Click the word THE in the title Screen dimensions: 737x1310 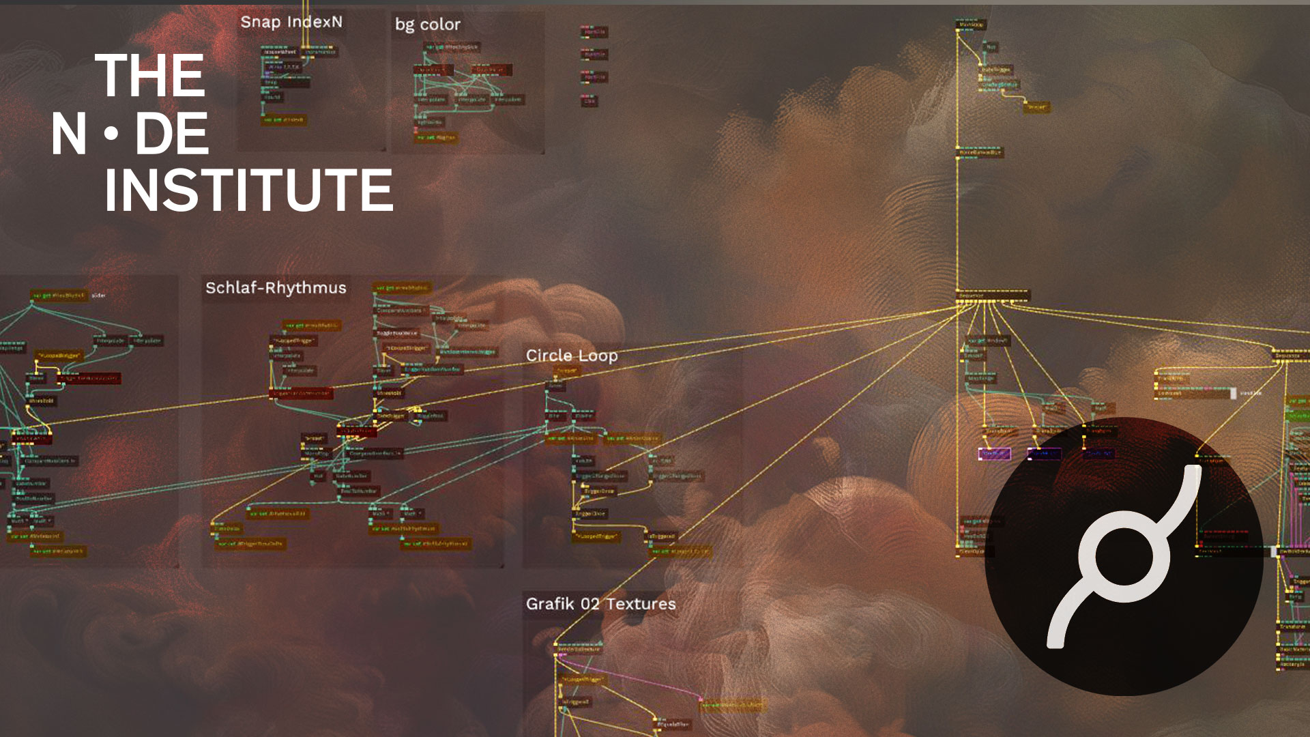pyautogui.click(x=150, y=76)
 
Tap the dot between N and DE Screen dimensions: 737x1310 pyautogui.click(x=111, y=134)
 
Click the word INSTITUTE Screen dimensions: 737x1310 pyautogui.click(x=248, y=190)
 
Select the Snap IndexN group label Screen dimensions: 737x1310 pyautogui.click(x=291, y=22)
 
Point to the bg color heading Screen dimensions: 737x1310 pyautogui.click(x=428, y=25)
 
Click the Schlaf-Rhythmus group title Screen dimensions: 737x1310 pyautogui.click(x=276, y=288)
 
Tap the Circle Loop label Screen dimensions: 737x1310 pyautogui.click(x=572, y=356)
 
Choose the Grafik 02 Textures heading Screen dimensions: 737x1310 pyautogui.click(x=600, y=604)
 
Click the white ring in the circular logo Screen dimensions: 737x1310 pyautogui.click(x=1123, y=557)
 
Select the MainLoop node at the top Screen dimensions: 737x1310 pyautogui.click(x=971, y=25)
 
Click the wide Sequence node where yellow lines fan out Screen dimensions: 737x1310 pyautogui.click(x=993, y=295)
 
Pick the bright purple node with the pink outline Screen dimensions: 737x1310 pyautogui.click(x=995, y=454)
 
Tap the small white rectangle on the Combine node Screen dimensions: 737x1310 pyautogui.click(x=1233, y=393)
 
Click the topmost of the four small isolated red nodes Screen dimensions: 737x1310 pyautogui.click(x=594, y=32)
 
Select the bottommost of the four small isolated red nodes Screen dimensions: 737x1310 pyautogui.click(x=589, y=101)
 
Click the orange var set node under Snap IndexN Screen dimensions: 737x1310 pyautogui.click(x=285, y=120)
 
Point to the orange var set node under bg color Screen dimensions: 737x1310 pyautogui.click(x=436, y=138)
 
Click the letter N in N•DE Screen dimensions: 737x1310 pyautogui.click(x=69, y=134)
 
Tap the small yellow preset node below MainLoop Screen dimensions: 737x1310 pyautogui.click(x=1037, y=107)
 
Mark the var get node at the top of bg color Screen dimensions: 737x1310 pyautogui.click(x=452, y=47)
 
